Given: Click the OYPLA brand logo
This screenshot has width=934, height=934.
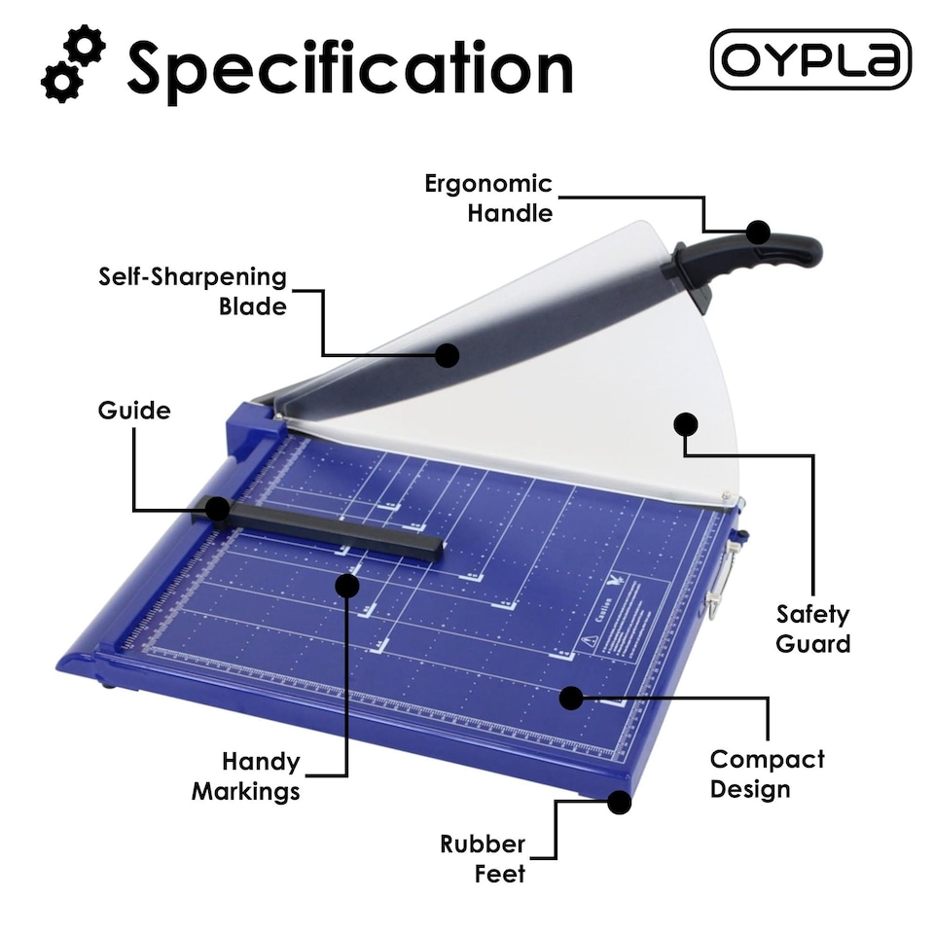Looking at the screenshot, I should (x=810, y=59).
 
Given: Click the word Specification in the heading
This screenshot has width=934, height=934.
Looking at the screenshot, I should (x=349, y=68).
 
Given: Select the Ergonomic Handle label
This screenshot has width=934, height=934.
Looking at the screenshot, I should (x=487, y=198).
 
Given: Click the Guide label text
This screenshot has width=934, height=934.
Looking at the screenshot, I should (x=133, y=411).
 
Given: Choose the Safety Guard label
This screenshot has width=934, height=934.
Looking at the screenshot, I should (x=812, y=629).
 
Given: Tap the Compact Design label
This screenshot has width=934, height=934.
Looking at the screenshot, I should (x=767, y=773).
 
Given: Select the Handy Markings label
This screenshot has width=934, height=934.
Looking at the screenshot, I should (x=245, y=775).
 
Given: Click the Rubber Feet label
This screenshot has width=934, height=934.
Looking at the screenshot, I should (x=483, y=858).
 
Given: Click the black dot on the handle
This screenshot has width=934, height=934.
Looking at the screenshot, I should (x=758, y=232).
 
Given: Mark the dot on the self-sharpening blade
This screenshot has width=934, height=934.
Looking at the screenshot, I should (x=447, y=355).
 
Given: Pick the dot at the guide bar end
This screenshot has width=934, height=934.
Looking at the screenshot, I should (x=217, y=509).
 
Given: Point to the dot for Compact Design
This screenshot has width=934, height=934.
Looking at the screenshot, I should (x=571, y=697).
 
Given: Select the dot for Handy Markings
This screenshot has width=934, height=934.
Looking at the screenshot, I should (x=347, y=584).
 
